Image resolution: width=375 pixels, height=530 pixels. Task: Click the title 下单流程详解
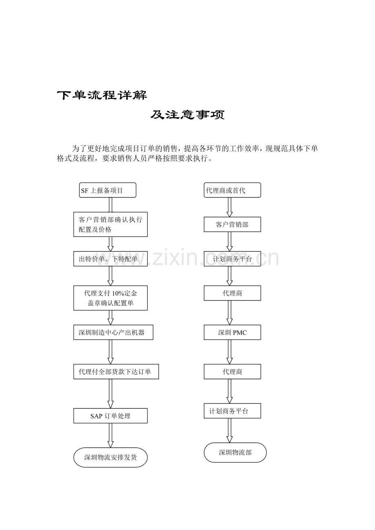pyautogui.click(x=102, y=95)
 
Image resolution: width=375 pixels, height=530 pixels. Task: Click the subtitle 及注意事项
pyautogui.click(x=187, y=115)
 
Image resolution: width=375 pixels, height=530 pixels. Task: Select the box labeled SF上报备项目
pyautogui.click(x=108, y=190)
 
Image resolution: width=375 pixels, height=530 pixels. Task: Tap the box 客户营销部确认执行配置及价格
pyautogui.click(x=110, y=224)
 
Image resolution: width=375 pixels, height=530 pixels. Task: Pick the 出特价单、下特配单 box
pyautogui.click(x=110, y=258)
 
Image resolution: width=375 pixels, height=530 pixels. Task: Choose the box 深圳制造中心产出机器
pyautogui.click(x=113, y=332)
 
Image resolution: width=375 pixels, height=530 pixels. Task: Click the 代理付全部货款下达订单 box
pyautogui.click(x=116, y=372)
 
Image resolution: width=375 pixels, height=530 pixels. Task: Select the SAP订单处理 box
pyautogui.click(x=110, y=416)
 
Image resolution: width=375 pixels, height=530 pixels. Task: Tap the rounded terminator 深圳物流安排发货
pyautogui.click(x=110, y=458)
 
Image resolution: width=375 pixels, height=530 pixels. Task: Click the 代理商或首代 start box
pyautogui.click(x=232, y=190)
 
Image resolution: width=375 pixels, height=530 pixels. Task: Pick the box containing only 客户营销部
pyautogui.click(x=232, y=224)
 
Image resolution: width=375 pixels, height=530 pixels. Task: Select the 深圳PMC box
pyautogui.click(x=232, y=332)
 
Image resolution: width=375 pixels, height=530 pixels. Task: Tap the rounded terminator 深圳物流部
pyautogui.click(x=235, y=452)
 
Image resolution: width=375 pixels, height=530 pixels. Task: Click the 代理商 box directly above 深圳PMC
pyautogui.click(x=232, y=293)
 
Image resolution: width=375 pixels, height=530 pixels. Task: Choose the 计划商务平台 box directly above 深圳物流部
pyautogui.click(x=232, y=411)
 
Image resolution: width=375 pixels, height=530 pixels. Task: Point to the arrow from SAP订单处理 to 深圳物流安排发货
pyautogui.click(x=110, y=436)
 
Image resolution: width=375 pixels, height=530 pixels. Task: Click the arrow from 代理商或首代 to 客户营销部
pyautogui.click(x=229, y=207)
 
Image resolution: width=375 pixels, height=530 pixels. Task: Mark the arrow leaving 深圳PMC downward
pyautogui.click(x=229, y=352)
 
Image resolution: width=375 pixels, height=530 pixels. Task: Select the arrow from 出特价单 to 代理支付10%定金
pyautogui.click(x=110, y=276)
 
